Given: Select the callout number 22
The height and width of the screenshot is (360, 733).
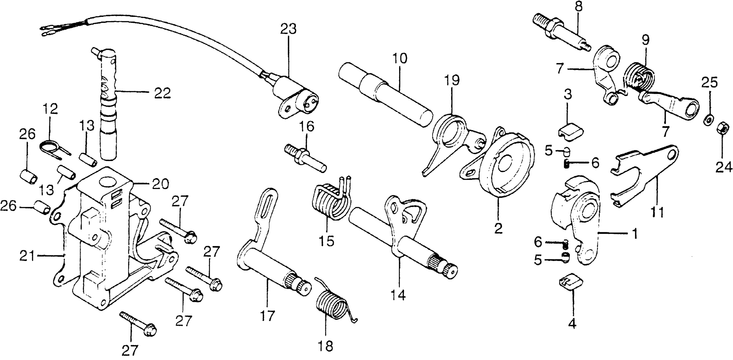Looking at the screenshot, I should [162, 93].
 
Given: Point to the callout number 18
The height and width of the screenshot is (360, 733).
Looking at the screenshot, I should [325, 346].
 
